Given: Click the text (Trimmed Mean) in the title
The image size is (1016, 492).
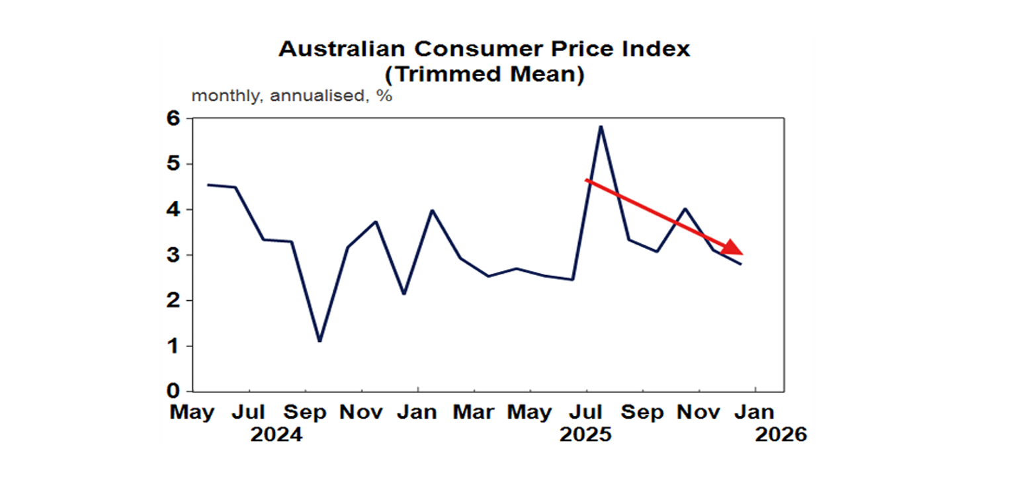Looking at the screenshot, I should tap(484, 75).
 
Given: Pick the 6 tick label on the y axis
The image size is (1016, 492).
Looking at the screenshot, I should tap(174, 118).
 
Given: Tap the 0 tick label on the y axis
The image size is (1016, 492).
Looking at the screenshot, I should tap(174, 391).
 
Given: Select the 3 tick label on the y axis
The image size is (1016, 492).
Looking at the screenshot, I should tap(174, 255).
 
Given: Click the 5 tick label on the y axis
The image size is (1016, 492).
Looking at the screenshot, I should tap(174, 164).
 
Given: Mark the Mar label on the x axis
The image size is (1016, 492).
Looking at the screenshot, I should tap(474, 413).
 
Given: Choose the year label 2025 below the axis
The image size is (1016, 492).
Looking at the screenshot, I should tap(586, 435).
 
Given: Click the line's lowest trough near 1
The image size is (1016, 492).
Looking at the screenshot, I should tap(319, 341).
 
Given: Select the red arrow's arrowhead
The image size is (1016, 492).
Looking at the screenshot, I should tap(733, 248).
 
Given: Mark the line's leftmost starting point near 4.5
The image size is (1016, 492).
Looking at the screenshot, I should tap(208, 184).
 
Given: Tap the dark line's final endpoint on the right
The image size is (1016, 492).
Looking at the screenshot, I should tap(741, 264).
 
